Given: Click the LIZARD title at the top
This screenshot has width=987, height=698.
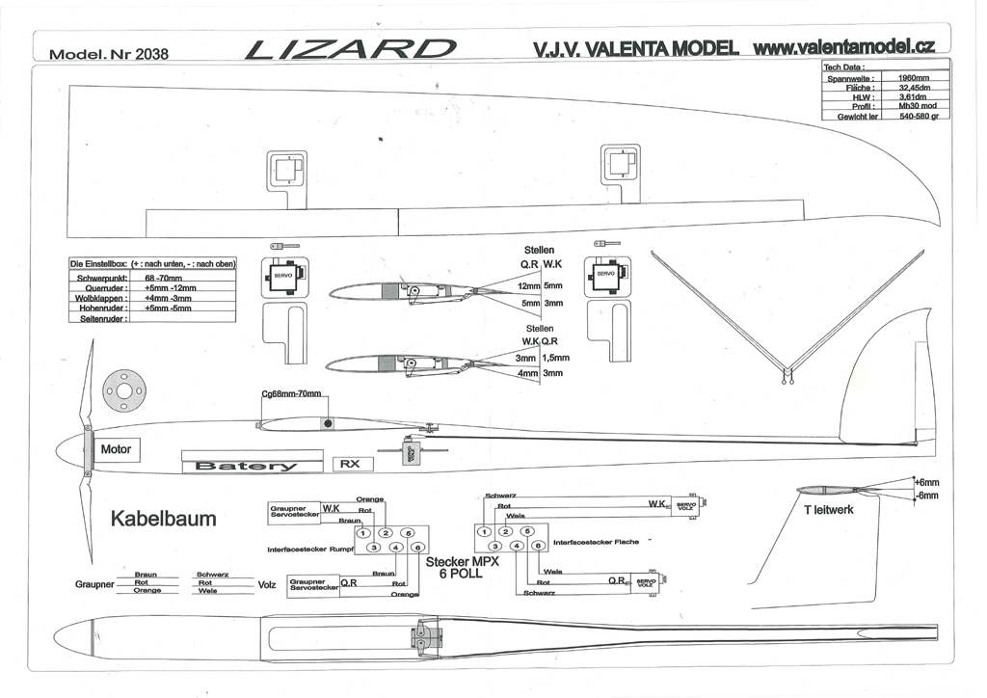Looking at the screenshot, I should point(350,49).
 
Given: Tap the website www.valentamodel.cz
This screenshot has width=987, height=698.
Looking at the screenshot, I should point(845,46).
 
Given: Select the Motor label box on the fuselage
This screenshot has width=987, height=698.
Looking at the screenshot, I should point(116,449).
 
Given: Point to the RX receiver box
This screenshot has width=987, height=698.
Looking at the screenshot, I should point(353,464).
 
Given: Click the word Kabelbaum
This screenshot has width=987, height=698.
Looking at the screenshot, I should point(164,519).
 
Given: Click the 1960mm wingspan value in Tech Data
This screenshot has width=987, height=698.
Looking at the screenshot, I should point(912,77).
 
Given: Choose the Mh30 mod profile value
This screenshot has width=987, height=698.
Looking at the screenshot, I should point(912,106).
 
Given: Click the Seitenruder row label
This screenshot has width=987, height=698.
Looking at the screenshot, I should point(98,318).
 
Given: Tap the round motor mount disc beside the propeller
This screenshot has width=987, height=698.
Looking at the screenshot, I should point(124,389).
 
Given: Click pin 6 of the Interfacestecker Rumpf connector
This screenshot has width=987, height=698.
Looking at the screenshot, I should point(416,548).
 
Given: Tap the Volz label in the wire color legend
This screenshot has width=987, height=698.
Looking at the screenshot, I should point(267,584).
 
